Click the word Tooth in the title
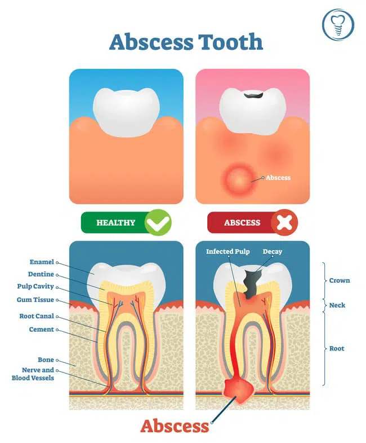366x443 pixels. [x=226, y=42]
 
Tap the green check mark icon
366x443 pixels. [x=158, y=222]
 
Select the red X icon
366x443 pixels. [x=285, y=222]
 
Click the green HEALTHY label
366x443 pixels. [x=116, y=222]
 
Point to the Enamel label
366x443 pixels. [x=42, y=262]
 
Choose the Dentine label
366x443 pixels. [x=41, y=274]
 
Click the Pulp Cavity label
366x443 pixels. [x=35, y=286]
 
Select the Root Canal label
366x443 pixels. [x=37, y=316]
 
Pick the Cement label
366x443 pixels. [x=42, y=329]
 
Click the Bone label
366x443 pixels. [x=46, y=359]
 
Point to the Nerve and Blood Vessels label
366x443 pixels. [x=33, y=374]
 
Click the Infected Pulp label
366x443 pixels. [x=227, y=251]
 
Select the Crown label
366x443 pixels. [x=340, y=280]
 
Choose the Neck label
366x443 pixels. [x=337, y=305]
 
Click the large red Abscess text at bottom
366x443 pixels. [x=175, y=425]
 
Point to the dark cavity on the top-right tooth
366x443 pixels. [x=253, y=97]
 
